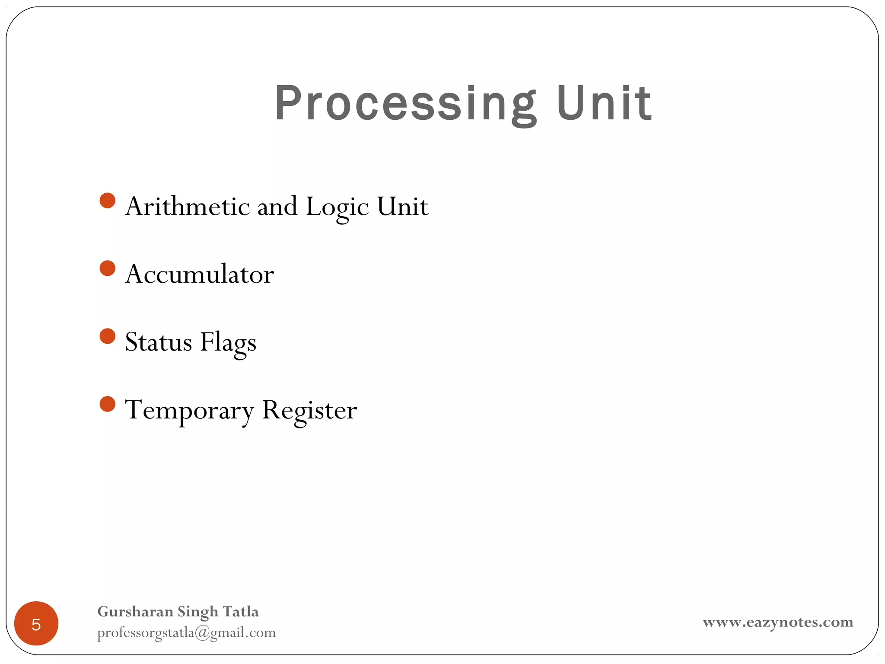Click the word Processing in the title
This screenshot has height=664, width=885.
point(405,104)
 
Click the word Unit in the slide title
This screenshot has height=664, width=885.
point(604,104)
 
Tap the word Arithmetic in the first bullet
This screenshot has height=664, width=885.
point(188,206)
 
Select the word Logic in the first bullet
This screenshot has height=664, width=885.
point(337,207)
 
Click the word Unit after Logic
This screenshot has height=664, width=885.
point(402,206)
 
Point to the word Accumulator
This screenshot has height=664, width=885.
point(200,274)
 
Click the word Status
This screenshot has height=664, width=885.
point(159,342)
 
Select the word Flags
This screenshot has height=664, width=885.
point(228,343)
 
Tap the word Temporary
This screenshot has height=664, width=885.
point(189,410)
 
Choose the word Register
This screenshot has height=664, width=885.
point(309,410)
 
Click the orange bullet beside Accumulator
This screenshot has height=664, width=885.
point(108,268)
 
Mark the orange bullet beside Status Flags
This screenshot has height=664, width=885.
point(108,336)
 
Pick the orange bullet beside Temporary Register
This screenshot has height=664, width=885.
point(108,404)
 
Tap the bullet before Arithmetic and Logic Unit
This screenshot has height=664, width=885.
point(108,200)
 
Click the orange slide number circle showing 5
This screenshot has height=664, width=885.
point(36,623)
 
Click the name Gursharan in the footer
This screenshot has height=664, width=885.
point(135,612)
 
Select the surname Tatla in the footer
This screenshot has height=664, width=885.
point(241,612)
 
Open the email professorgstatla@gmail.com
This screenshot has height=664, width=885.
point(186,632)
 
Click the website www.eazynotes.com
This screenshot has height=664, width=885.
point(778,622)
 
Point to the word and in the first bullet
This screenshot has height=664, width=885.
point(277,206)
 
